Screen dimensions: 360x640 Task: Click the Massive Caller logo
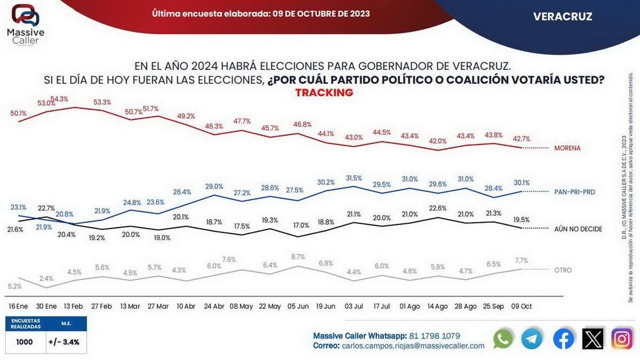pos(25,24)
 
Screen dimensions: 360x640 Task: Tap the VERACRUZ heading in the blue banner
pos(563,17)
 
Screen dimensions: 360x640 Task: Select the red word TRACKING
pos(324,93)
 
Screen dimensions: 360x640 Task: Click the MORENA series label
pos(567,148)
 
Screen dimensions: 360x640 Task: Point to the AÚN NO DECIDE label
pos(579,229)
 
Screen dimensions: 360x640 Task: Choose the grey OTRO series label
pos(563,270)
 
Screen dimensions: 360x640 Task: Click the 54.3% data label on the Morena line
pos(59,99)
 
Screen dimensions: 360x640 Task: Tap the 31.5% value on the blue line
pos(354,178)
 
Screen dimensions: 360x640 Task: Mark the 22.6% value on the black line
pos(437,208)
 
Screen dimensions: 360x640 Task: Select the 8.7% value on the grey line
pos(298,257)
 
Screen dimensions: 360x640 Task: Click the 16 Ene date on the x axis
pos(18,307)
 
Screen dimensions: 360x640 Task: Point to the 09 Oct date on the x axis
pos(522,307)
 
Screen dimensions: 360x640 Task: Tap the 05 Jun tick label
pos(298,307)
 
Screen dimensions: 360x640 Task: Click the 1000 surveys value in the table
pos(24,342)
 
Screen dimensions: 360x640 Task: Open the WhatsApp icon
pos(503,339)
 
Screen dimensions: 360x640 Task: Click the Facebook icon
pos(563,339)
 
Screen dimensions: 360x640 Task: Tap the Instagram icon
pos(622,339)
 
